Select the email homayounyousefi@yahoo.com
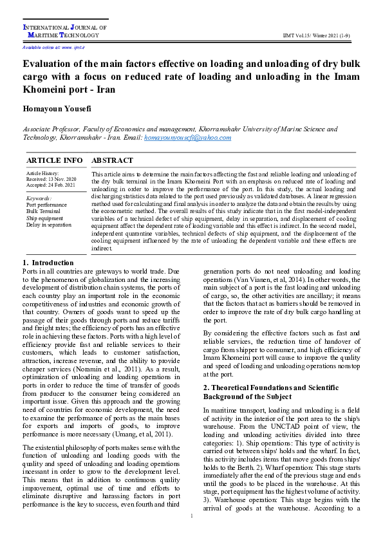tap(187, 138)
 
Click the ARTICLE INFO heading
tap(54, 160)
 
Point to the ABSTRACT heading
tap(113, 160)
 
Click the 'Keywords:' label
tap(39, 198)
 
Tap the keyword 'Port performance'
tap(46, 205)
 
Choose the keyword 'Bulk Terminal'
tap(43, 211)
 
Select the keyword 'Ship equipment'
tap(44, 218)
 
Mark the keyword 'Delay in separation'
tap(49, 225)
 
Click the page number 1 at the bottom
tap(192, 534)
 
